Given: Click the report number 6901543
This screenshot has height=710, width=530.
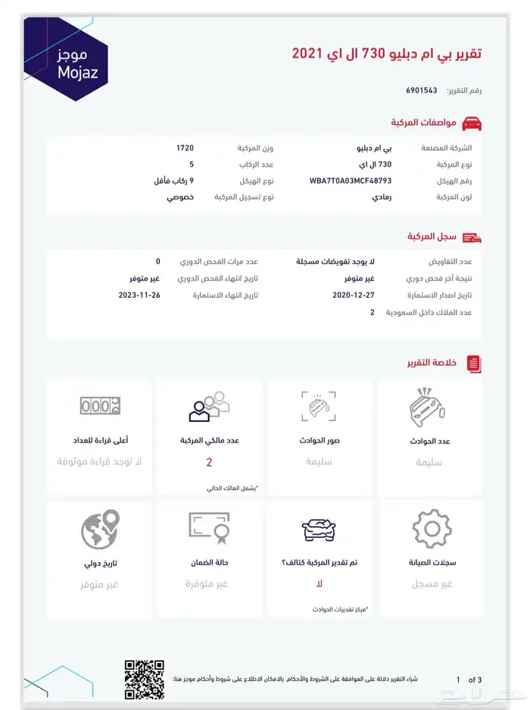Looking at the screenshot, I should [422, 90].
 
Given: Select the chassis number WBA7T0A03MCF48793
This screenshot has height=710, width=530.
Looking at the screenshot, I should [351, 181].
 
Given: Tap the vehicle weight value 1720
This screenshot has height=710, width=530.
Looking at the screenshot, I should [185, 147].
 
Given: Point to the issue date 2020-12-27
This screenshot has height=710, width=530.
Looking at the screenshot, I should [354, 294].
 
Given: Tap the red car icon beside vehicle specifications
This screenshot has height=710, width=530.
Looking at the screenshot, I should [472, 123].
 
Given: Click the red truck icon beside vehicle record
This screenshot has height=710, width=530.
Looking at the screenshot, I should [472, 237].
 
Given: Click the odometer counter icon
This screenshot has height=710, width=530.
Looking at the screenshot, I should [99, 407].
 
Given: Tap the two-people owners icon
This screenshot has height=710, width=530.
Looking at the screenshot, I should [209, 407].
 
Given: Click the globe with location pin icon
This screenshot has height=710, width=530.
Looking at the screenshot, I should [100, 528].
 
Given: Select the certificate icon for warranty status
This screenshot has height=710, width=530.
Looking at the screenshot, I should [209, 528].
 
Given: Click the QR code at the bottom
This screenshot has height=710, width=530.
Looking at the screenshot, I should [144, 679].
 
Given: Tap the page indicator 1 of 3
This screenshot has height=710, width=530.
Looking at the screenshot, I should [469, 680].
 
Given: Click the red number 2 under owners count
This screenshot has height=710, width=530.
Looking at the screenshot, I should [209, 462].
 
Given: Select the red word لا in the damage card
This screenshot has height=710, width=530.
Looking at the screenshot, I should [319, 584].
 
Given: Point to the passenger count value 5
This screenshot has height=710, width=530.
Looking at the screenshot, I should [191, 164].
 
